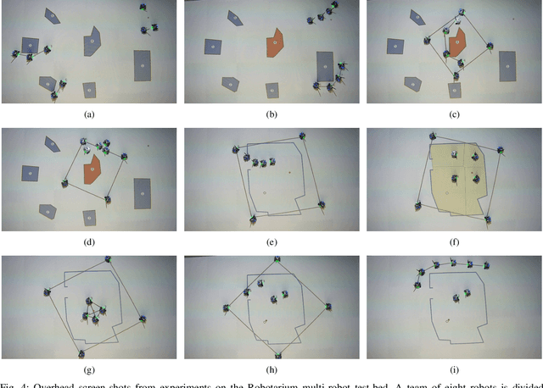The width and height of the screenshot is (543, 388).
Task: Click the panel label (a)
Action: click(89, 114)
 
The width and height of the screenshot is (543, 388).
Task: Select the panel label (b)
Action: click(271, 114)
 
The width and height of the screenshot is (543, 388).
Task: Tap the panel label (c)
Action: click(454, 114)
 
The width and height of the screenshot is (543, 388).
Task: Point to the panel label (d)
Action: click(89, 241)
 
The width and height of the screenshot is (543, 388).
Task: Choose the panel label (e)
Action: click(271, 241)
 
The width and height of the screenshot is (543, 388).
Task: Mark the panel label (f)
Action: click(454, 241)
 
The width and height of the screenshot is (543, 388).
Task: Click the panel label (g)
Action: click(89, 369)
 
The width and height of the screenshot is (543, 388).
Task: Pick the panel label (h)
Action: click(271, 369)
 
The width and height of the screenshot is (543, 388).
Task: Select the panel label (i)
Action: click(454, 369)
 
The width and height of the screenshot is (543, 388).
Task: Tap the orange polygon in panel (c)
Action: click(457, 42)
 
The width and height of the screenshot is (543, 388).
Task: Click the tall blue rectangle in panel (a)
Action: click(143, 65)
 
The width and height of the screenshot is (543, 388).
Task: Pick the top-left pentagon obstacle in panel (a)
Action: click(53, 15)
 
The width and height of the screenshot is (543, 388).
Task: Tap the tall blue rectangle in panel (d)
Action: click(141, 192)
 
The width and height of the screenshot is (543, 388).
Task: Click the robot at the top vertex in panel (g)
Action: click(108, 258)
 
